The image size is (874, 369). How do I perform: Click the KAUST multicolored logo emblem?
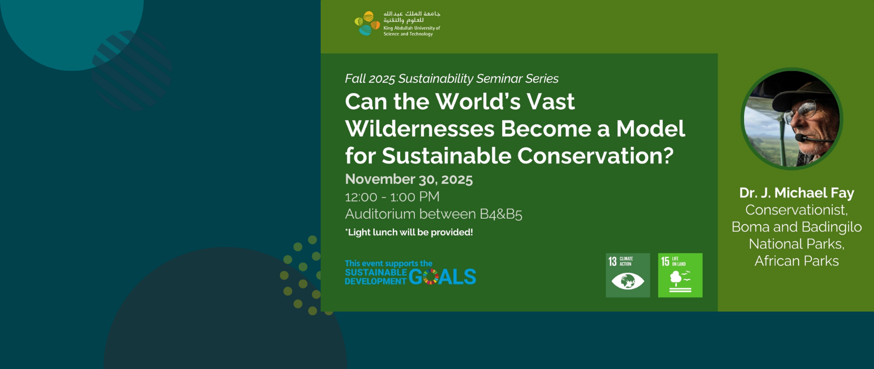[367, 23]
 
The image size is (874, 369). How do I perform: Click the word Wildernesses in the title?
[420, 129]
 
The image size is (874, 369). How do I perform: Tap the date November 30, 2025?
[409, 179]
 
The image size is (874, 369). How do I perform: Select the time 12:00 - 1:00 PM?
[392, 197]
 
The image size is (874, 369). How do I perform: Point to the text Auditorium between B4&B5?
[433, 214]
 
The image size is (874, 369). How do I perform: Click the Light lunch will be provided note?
[409, 232]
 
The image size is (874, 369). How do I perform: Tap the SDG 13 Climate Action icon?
[628, 275]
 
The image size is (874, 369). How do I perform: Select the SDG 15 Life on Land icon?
[680, 275]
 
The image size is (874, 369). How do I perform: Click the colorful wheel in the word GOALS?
[431, 277]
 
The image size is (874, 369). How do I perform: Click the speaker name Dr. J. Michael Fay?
[797, 192]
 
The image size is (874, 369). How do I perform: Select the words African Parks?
[797, 260]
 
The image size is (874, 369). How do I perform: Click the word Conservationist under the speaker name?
[797, 210]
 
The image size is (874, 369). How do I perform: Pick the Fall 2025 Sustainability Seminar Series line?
[451, 79]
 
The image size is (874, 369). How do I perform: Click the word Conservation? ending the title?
[595, 156]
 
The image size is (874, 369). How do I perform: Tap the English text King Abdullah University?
[412, 28]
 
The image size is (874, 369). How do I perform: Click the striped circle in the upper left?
[132, 70]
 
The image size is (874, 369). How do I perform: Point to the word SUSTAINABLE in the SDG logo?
[375, 272]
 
